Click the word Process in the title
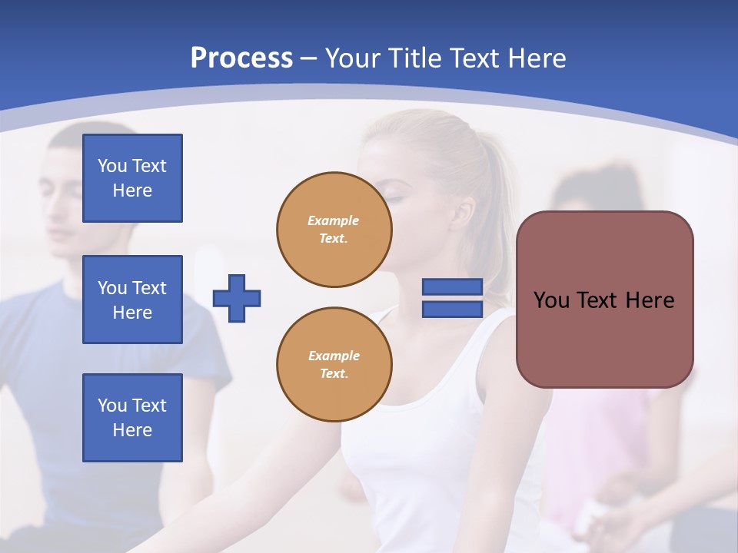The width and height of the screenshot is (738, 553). click(241, 58)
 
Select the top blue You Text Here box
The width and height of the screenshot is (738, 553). click(132, 178)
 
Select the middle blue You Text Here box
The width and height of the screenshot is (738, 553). click(132, 300)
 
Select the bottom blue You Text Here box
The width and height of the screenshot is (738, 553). click(132, 418)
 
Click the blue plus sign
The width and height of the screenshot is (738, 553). click(237, 298)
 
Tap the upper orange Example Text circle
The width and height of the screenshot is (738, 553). click(334, 230)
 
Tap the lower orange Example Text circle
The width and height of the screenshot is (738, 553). click(334, 365)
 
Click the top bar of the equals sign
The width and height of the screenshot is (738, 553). click(452, 287)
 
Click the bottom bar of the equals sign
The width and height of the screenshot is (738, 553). click(452, 310)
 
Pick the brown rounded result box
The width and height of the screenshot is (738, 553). click(604, 299)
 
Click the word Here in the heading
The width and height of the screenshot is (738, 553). click(537, 58)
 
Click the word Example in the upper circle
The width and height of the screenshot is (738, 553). click(334, 220)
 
